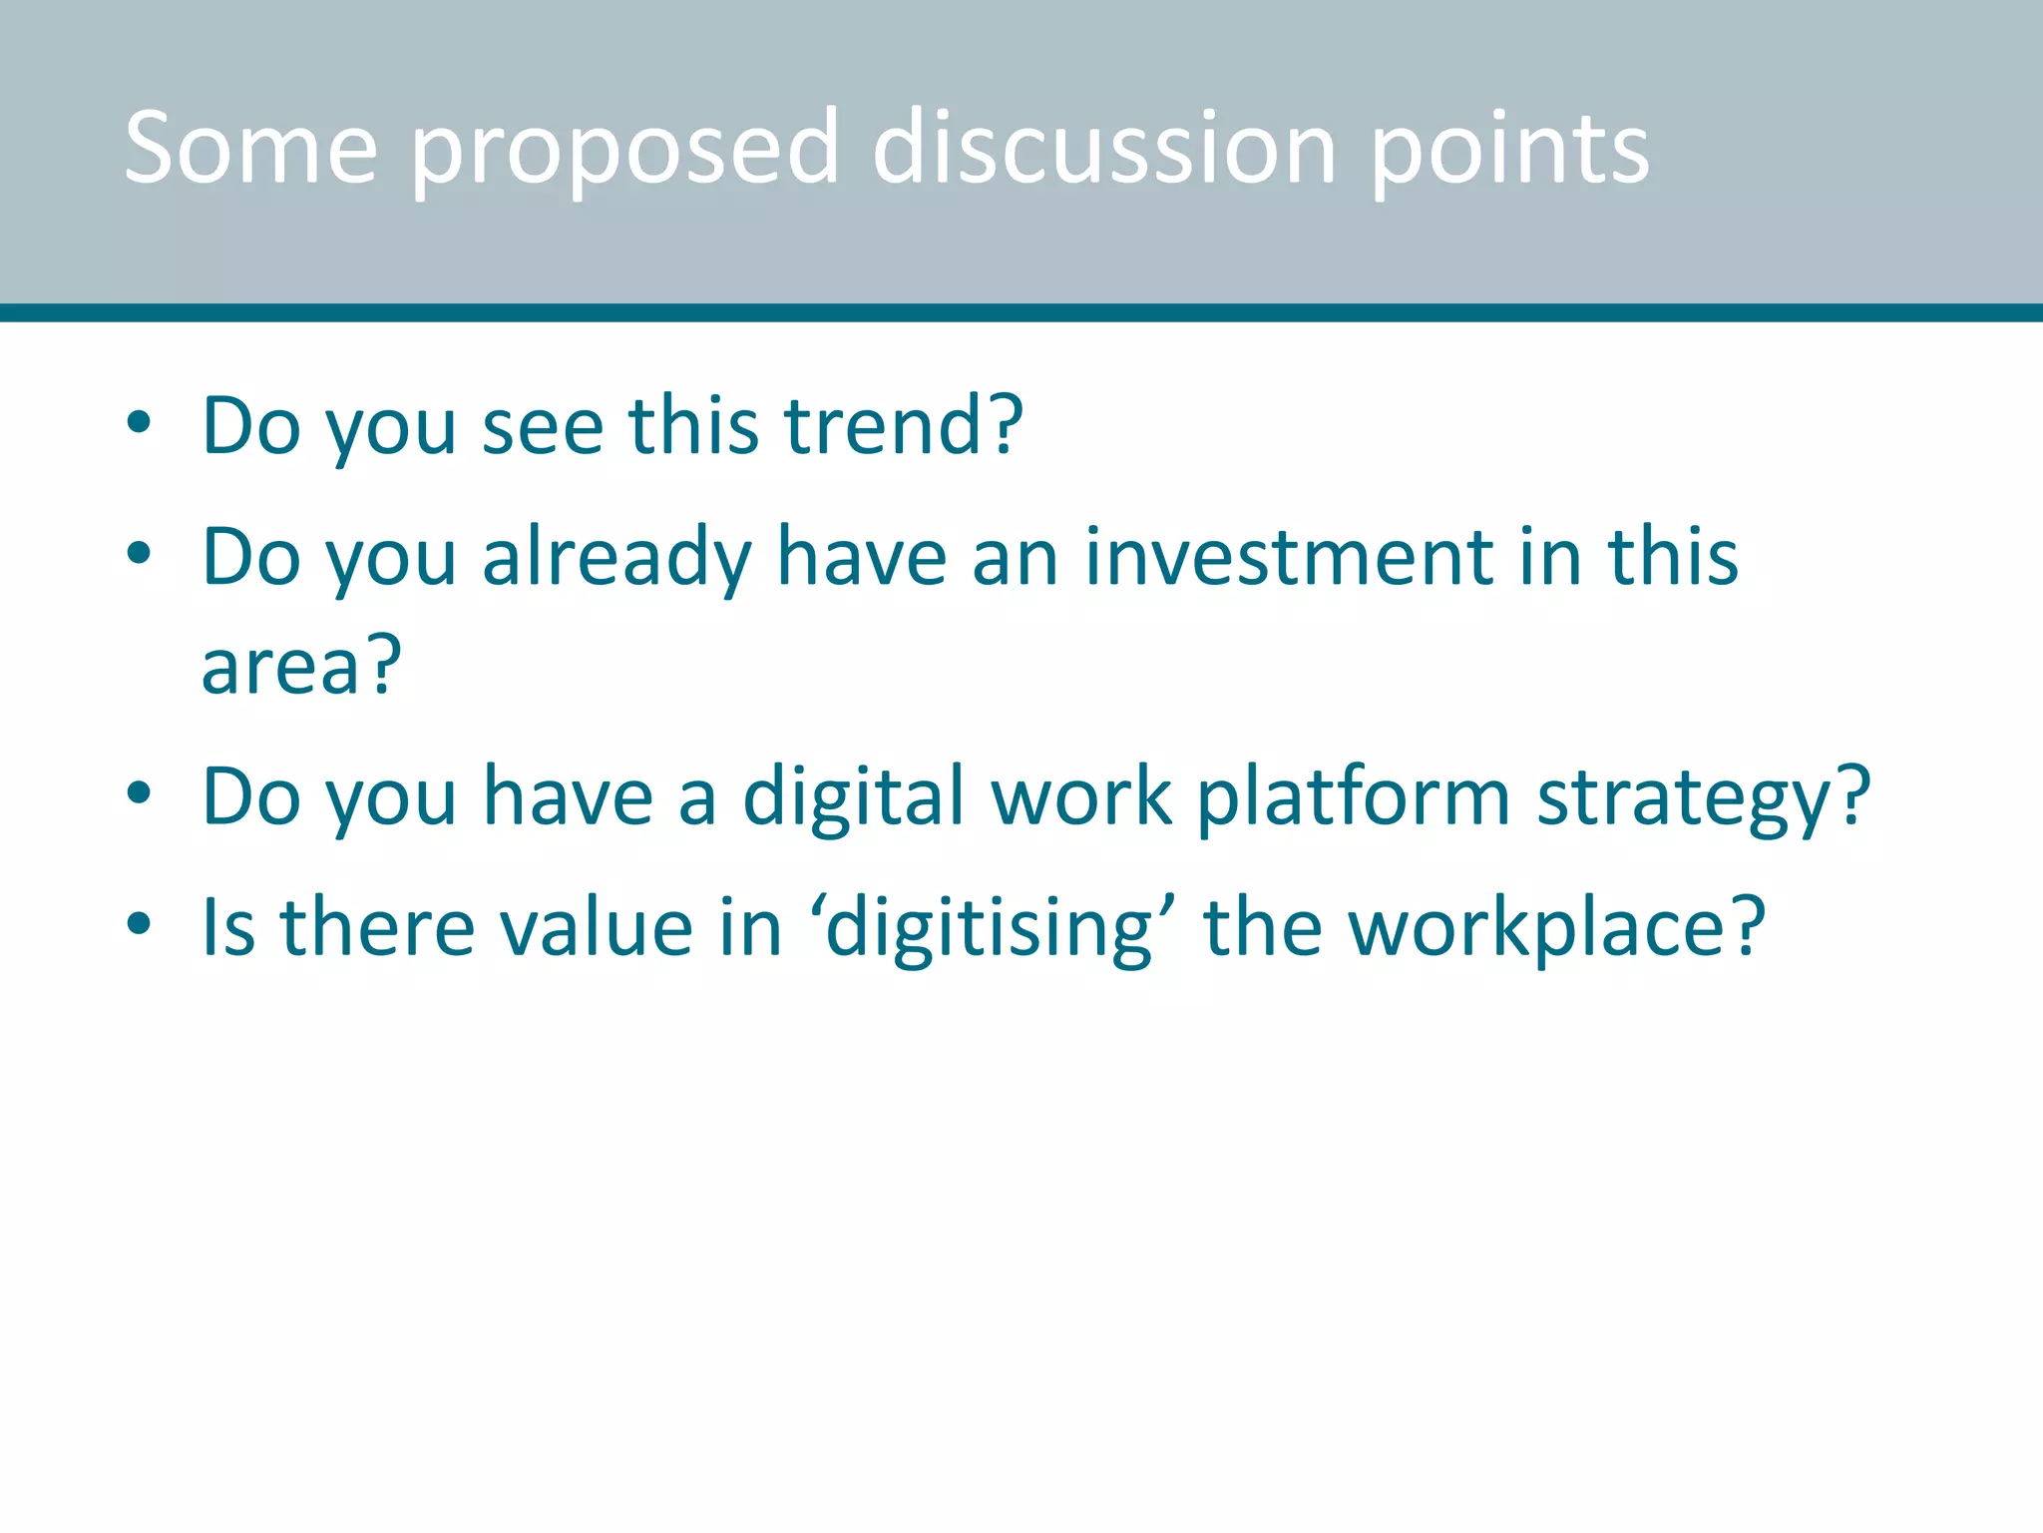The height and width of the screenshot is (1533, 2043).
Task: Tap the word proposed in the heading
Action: tap(623, 152)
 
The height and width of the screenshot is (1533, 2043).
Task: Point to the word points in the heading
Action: tap(1509, 152)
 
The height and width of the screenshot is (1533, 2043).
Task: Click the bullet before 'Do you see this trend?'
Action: tap(139, 423)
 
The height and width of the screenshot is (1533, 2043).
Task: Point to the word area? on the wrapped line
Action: tap(300, 667)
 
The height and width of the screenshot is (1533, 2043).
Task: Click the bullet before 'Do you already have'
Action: tap(139, 553)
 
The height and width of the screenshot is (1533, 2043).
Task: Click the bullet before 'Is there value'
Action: tap(139, 924)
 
